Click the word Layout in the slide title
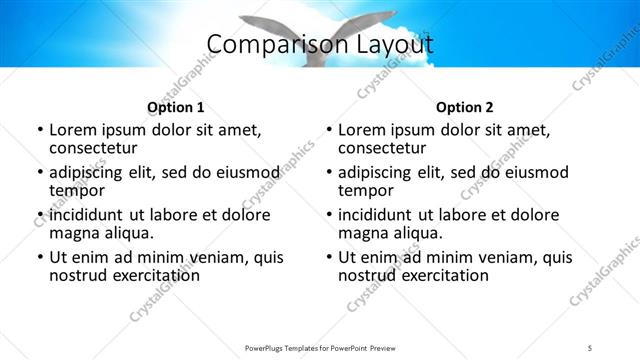[x=396, y=45]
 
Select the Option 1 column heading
[x=176, y=107]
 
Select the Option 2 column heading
[x=465, y=107]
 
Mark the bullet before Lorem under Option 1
[x=39, y=131]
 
